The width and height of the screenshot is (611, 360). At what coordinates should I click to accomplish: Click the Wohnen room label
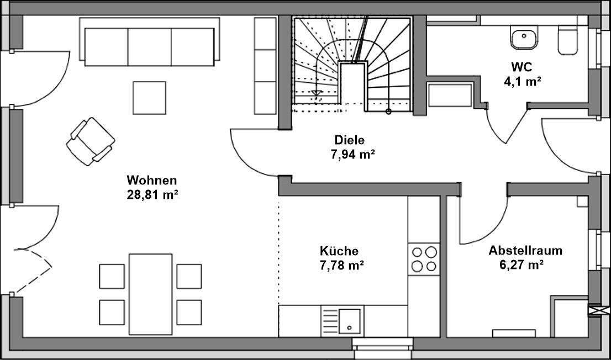click(151, 181)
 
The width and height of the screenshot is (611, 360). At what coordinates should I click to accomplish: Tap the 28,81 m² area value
click(151, 194)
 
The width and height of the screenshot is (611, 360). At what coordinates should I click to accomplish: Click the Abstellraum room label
click(525, 251)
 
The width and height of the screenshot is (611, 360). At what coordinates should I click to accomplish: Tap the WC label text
click(521, 67)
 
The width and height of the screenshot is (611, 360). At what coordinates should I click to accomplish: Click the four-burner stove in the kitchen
click(423, 259)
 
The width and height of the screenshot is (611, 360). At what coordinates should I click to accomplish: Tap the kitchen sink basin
click(349, 320)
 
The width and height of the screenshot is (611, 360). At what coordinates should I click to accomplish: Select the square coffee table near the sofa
click(149, 98)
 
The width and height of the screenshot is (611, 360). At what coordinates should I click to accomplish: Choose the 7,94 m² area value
click(352, 155)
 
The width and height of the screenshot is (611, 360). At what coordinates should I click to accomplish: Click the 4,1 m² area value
click(521, 81)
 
